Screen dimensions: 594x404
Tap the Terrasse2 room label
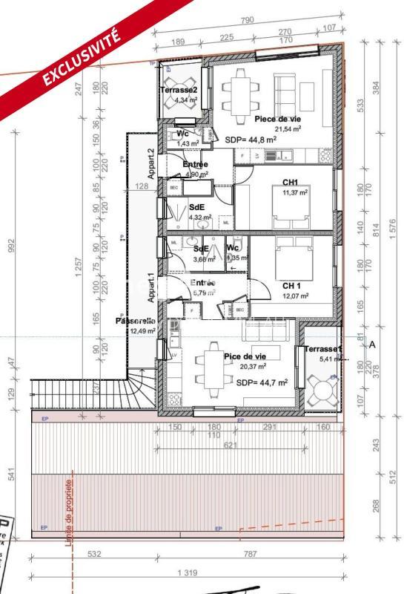pyautogui.click(x=178, y=90)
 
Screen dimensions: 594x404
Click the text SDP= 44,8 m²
pyautogui.click(x=251, y=139)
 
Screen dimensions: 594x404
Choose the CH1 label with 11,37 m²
pyautogui.click(x=290, y=183)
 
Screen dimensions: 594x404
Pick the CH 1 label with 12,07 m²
pyautogui.click(x=291, y=286)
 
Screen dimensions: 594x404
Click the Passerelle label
pyautogui.click(x=135, y=322)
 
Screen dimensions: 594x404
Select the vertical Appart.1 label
pyautogui.click(x=150, y=284)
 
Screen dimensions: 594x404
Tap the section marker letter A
pyautogui.click(x=372, y=345)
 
